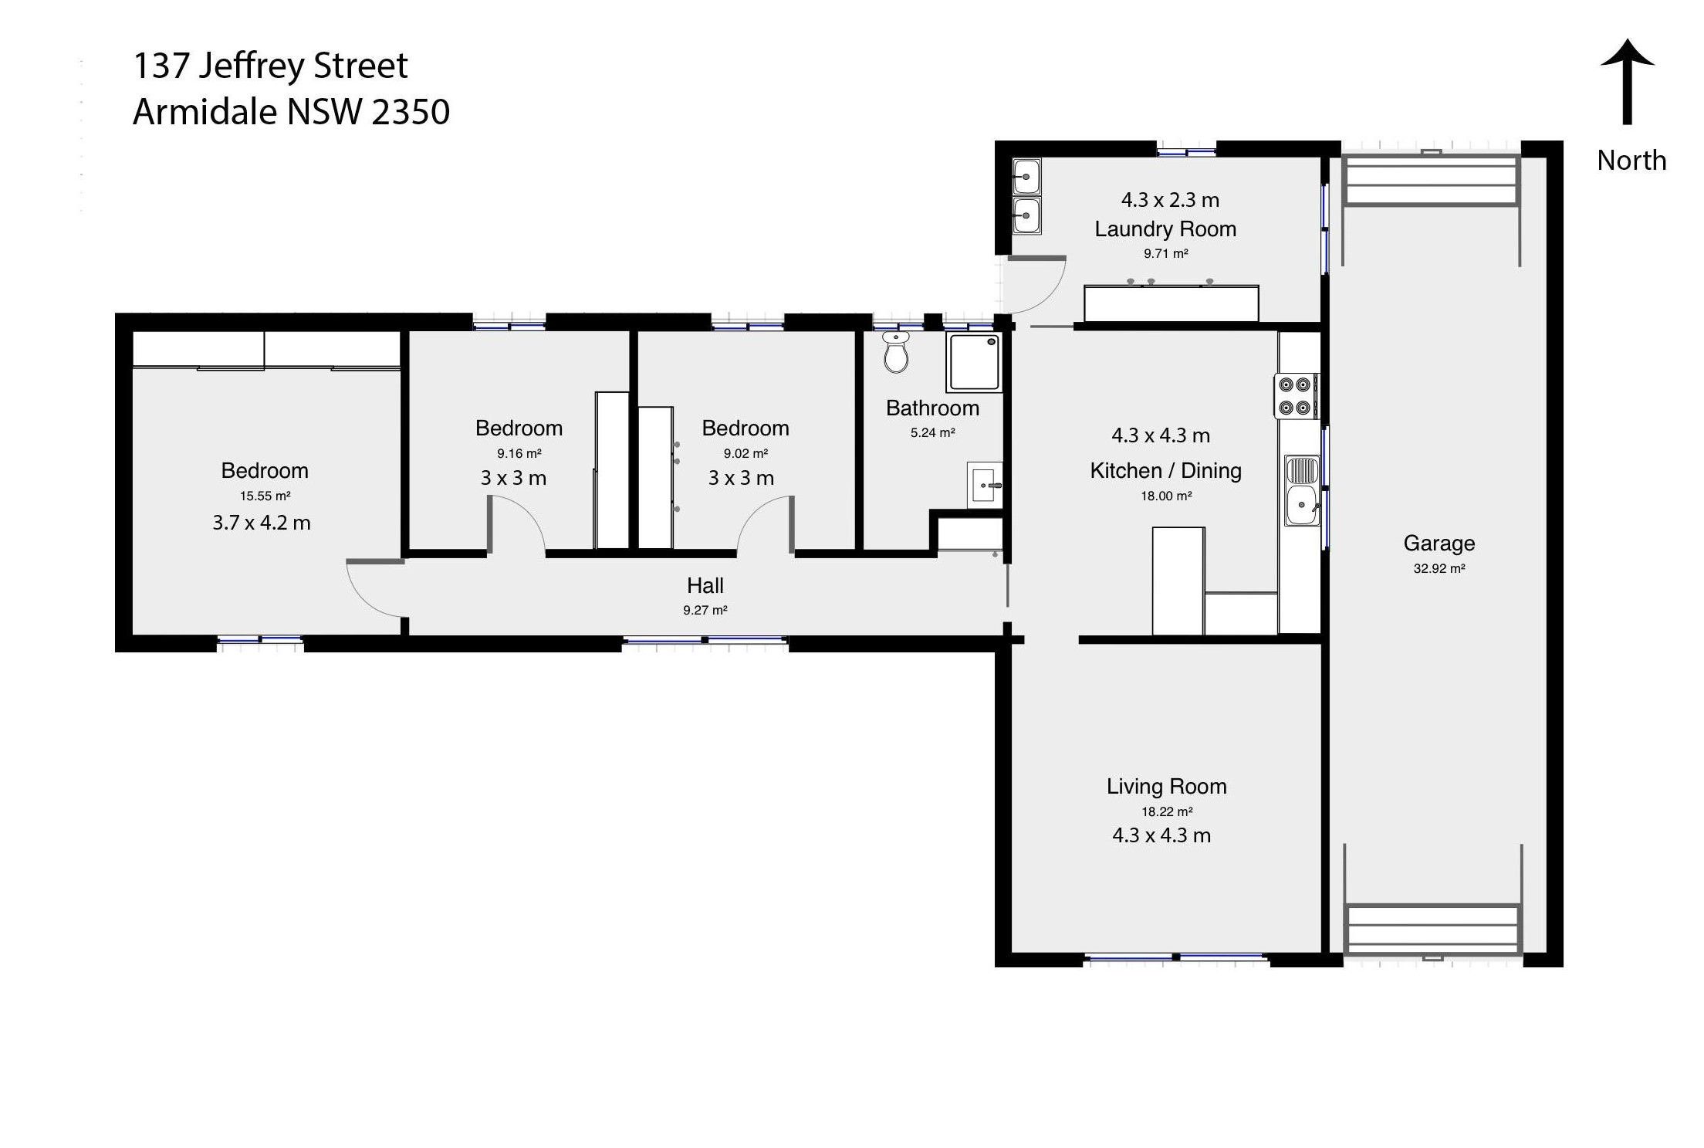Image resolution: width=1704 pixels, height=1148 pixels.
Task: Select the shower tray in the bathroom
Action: (x=975, y=361)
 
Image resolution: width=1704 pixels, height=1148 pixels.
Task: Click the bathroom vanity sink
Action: (x=985, y=486)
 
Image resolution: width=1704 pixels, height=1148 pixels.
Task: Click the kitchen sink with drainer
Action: (x=1302, y=491)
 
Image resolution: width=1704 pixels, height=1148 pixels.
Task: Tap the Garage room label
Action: (x=1439, y=544)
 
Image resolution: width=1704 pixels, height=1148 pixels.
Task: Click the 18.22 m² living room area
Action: (x=1167, y=811)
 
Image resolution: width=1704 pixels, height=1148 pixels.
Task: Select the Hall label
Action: (x=705, y=585)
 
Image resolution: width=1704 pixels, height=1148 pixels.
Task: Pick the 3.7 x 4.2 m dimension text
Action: (x=262, y=523)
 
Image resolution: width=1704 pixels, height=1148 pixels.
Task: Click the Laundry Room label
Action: (x=1165, y=229)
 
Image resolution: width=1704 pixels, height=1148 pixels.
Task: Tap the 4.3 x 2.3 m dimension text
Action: (x=1170, y=200)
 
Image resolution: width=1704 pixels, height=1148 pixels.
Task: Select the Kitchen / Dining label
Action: (x=1165, y=471)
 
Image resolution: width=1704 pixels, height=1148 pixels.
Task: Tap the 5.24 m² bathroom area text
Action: (x=932, y=433)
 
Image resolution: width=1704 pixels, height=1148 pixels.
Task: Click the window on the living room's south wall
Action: (x=1176, y=958)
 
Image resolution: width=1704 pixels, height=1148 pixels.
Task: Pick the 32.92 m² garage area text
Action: (x=1439, y=569)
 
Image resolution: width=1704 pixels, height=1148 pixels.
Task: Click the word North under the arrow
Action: (x=1631, y=161)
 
